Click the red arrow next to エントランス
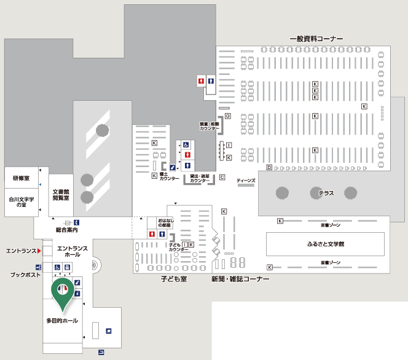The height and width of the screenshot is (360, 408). (x=39, y=251)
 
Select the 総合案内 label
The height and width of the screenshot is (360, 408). (x=66, y=230)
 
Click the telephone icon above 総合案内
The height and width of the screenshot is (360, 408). (x=77, y=222)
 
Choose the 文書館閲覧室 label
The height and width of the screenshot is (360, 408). (x=60, y=195)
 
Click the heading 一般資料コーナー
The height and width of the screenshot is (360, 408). (x=316, y=39)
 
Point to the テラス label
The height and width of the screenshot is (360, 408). (x=326, y=193)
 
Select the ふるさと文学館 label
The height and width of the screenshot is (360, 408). (x=325, y=244)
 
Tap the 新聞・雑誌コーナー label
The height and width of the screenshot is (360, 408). (x=240, y=279)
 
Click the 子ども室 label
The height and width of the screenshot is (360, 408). (x=174, y=279)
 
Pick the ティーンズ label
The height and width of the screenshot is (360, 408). (x=246, y=180)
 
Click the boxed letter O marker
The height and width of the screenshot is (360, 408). (x=227, y=115)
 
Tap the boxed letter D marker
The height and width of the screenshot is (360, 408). (x=269, y=167)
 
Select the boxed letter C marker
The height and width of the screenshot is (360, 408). (x=222, y=177)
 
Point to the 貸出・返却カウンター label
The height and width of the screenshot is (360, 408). (x=200, y=178)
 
